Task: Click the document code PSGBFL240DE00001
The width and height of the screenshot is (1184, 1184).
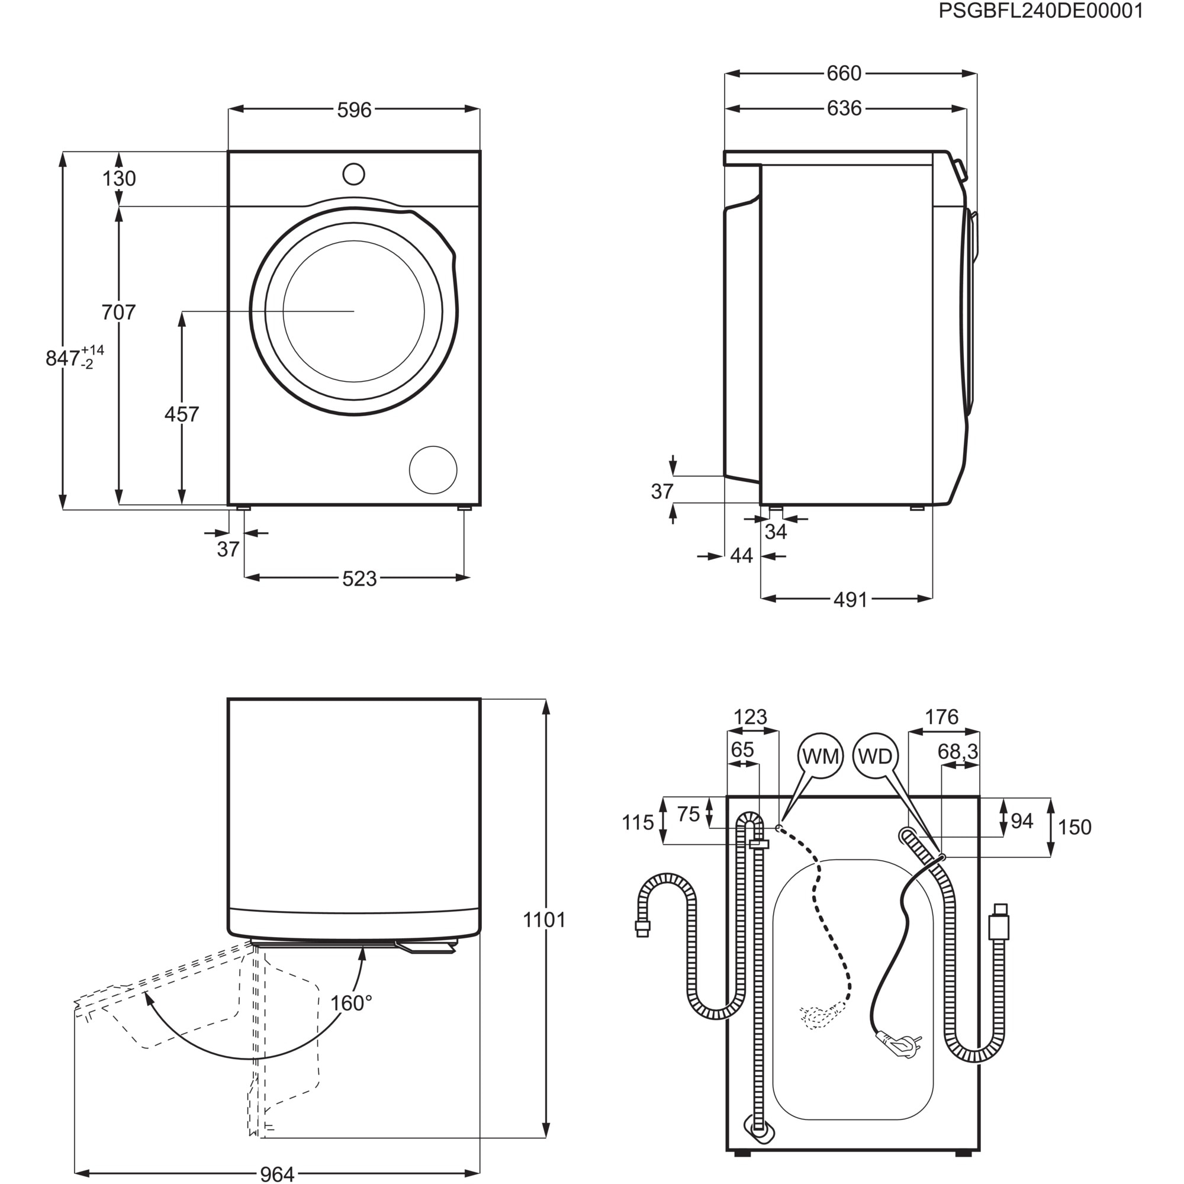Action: [1041, 11]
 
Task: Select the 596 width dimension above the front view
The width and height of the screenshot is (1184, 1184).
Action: [354, 110]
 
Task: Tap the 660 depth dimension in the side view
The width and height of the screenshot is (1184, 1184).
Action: [844, 73]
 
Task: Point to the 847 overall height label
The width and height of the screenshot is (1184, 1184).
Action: [63, 358]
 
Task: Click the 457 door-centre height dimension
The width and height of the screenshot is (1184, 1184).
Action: [181, 414]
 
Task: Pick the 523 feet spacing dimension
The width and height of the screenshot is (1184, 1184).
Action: [359, 578]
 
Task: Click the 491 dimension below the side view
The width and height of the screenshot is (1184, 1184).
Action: [850, 600]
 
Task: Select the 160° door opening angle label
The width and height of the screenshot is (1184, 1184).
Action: [351, 1003]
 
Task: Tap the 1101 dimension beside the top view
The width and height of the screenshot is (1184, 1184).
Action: [544, 920]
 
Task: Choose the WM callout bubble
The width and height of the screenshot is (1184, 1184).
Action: [820, 756]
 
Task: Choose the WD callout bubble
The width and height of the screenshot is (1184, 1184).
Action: [875, 756]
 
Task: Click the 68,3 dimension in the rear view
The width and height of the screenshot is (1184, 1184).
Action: [958, 751]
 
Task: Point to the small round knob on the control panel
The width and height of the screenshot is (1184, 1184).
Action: [353, 174]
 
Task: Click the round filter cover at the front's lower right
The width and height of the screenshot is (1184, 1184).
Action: [433, 470]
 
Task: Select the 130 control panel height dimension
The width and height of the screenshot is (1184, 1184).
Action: [119, 179]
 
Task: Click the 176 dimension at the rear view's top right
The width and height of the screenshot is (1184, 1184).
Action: [941, 717]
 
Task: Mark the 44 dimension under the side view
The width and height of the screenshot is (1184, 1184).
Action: [741, 556]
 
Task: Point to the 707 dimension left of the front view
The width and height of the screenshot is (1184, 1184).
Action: [118, 313]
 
